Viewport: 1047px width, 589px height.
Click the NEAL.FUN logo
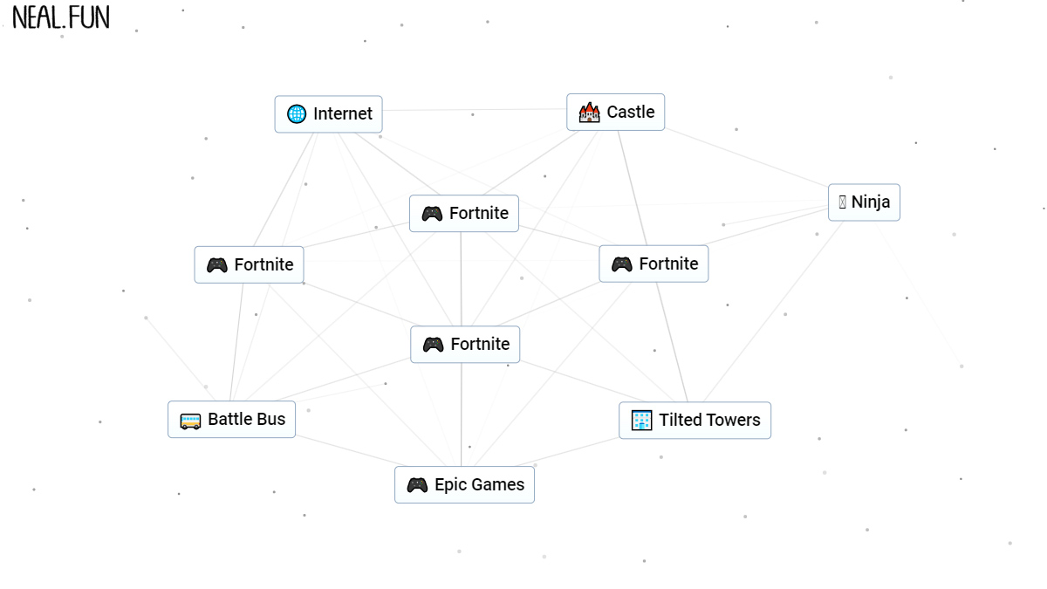[x=61, y=17]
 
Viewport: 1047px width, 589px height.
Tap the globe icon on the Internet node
[x=297, y=114]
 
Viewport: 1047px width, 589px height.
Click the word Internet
[x=343, y=114]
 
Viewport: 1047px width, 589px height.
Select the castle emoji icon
[x=590, y=113]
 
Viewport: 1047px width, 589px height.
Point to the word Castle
[x=630, y=113]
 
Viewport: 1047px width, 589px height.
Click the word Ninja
[x=871, y=202]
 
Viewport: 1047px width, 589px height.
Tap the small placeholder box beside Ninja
[x=842, y=202]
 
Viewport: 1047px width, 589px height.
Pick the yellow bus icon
[x=190, y=421]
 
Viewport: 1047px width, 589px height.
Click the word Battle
[x=227, y=420]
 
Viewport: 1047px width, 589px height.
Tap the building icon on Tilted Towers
[x=641, y=421]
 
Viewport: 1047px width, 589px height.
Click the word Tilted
[x=681, y=421]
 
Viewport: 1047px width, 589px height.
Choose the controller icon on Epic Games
[x=417, y=485]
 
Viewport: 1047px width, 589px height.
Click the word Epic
[x=449, y=485]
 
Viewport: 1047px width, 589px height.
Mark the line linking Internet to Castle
[x=475, y=110]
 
